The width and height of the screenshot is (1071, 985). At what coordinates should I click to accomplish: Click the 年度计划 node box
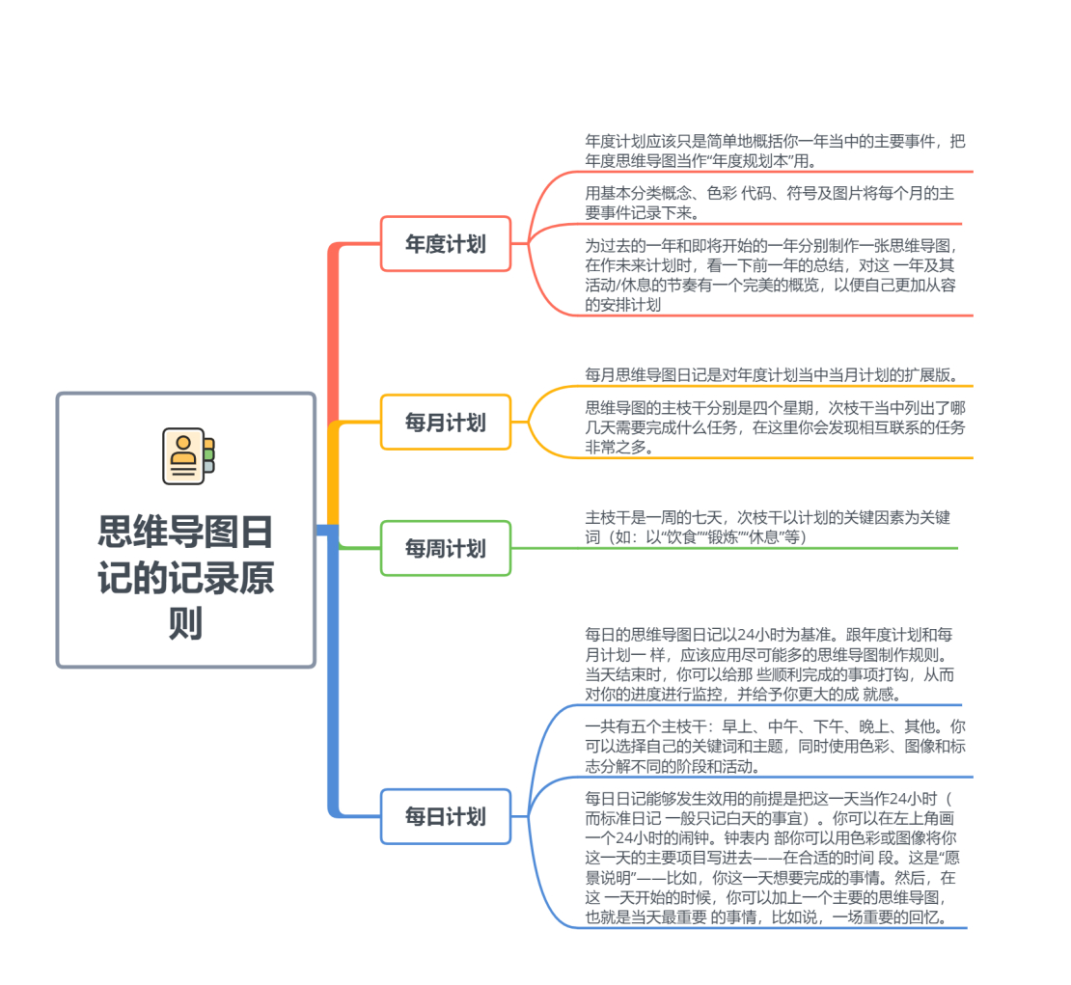click(446, 244)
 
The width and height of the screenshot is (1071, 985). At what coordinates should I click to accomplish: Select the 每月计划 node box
click(446, 423)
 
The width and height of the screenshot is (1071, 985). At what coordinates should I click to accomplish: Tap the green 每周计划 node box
click(446, 548)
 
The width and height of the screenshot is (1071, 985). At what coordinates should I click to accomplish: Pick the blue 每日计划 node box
click(446, 816)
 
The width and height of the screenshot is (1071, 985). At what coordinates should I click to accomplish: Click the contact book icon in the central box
click(188, 455)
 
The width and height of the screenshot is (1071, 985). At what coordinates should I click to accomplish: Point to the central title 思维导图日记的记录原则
click(186, 577)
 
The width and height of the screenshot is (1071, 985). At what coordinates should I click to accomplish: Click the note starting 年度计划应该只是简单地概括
click(775, 150)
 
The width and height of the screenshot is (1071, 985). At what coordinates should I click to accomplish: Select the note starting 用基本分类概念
click(769, 203)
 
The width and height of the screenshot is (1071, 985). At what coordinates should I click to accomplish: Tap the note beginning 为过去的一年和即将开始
click(772, 275)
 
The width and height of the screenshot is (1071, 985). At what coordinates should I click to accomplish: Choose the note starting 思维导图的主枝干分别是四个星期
click(775, 427)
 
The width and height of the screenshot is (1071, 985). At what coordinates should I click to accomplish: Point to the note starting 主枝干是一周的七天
click(767, 527)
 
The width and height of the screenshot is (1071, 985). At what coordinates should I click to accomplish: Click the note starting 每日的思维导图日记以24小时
click(769, 664)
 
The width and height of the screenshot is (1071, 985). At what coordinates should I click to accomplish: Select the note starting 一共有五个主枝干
click(775, 746)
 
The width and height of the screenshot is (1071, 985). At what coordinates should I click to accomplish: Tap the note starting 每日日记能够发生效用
click(772, 858)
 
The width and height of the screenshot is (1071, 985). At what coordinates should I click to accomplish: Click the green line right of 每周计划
click(734, 548)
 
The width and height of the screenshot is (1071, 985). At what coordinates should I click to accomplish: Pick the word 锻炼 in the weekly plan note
click(723, 537)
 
